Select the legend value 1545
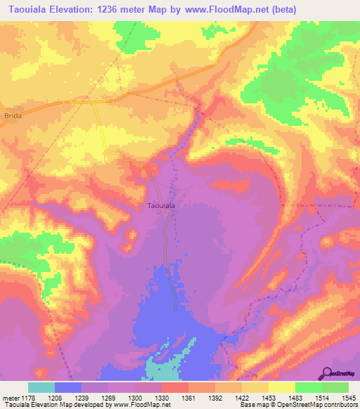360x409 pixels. point(349,397)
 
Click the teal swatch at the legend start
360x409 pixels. point(41,387)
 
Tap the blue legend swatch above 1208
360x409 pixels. point(68,387)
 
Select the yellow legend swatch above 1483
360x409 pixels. point(282,387)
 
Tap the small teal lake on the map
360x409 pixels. point(162,369)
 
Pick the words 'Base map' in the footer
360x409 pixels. point(252,405)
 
